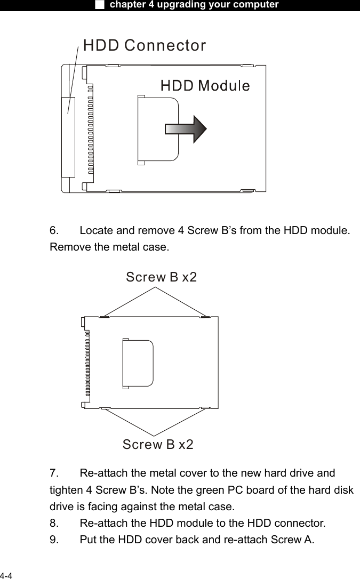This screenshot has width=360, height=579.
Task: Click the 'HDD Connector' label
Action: point(145,46)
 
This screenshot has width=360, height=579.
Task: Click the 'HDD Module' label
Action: point(205,85)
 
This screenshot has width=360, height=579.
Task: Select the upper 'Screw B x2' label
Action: point(161,277)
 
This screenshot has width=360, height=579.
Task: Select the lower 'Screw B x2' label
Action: point(158,444)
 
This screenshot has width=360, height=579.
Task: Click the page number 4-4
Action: point(7,575)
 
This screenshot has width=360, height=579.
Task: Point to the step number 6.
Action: point(54,231)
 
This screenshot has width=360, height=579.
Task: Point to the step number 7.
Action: point(54,473)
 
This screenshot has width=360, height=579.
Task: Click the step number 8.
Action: point(54,522)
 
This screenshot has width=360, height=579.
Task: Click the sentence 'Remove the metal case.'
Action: point(109,247)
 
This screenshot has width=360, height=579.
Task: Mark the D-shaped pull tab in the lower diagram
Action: point(138,363)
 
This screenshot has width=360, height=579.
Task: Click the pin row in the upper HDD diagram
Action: point(90,128)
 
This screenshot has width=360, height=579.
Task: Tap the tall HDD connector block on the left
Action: point(68,136)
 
